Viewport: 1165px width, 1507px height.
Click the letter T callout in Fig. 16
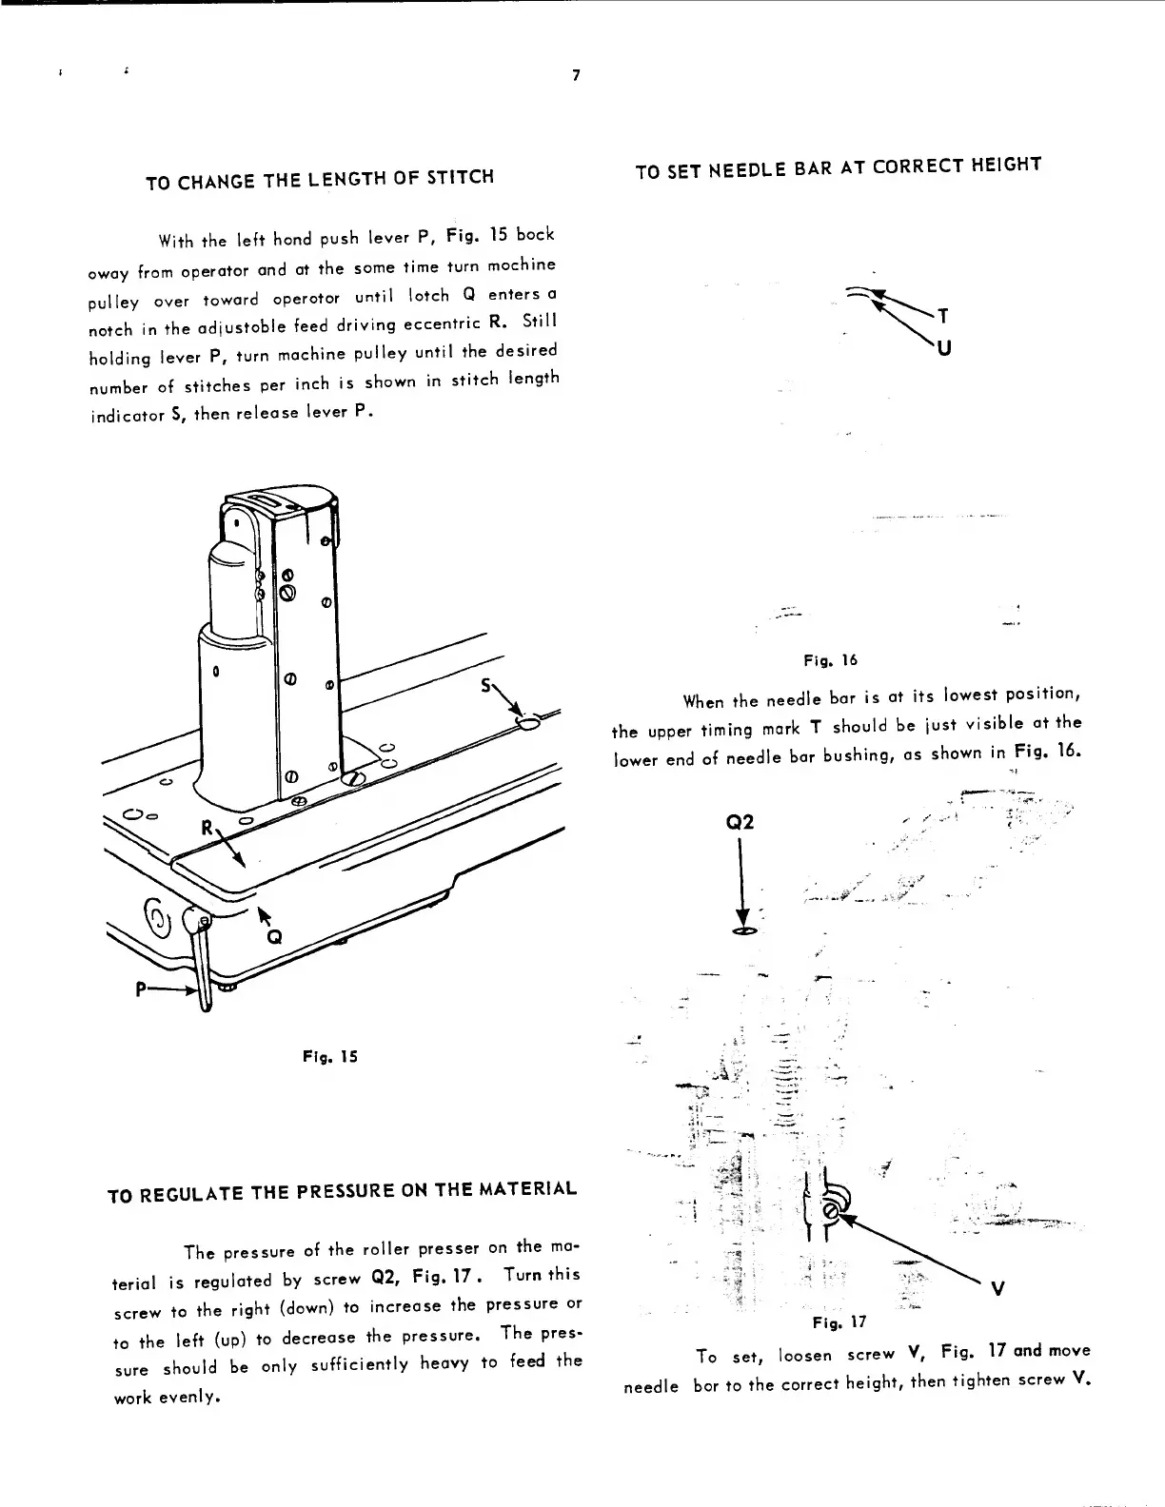pyautogui.click(x=942, y=316)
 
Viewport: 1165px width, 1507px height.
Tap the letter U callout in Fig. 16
pyautogui.click(x=942, y=348)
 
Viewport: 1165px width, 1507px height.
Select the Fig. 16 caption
pyautogui.click(x=832, y=659)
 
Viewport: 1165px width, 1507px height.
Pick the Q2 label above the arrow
pyautogui.click(x=740, y=822)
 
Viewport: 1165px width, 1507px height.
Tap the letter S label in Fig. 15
pyautogui.click(x=487, y=685)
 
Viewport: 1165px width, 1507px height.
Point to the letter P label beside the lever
pyautogui.click(x=141, y=988)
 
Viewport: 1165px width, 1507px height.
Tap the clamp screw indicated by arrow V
pyautogui.click(x=830, y=1211)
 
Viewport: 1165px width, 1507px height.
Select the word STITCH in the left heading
pyautogui.click(x=461, y=176)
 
